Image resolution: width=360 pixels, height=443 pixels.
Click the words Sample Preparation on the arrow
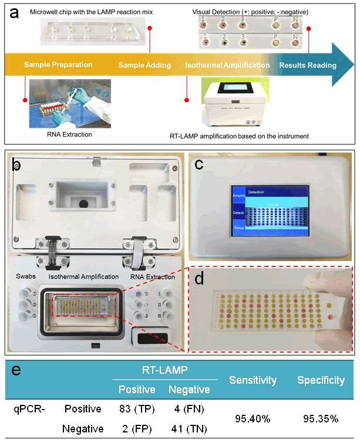point(58,65)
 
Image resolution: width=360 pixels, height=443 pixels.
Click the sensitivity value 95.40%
point(253,418)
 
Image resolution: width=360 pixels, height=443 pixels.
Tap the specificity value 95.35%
point(321,418)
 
